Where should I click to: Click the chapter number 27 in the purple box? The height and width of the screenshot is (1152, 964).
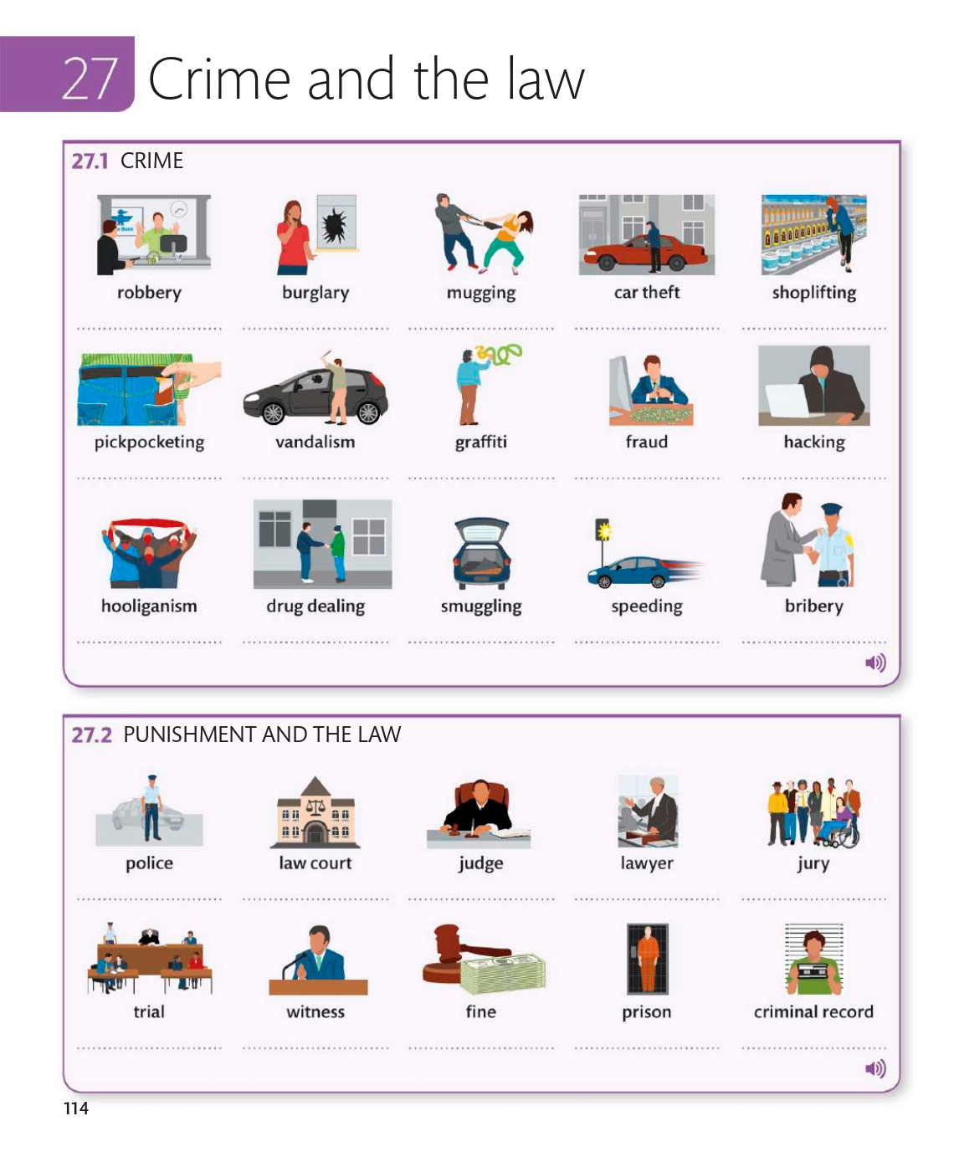90,78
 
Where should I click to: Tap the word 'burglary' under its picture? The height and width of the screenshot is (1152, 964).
315,292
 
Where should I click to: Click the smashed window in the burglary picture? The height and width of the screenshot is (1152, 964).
336,223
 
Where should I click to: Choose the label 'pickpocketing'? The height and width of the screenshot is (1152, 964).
149,442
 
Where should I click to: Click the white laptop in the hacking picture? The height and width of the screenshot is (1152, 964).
790,399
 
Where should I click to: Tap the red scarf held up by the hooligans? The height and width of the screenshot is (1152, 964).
149,524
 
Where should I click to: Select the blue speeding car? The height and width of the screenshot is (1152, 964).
629,571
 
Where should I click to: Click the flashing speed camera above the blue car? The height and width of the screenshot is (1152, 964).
602,530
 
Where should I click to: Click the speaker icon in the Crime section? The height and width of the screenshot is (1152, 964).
875,662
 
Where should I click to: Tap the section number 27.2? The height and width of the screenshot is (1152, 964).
91,735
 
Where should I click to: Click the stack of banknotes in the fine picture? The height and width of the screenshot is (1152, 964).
503,973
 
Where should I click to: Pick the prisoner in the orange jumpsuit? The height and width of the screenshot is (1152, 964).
648,959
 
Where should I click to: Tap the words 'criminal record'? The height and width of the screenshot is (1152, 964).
813,1011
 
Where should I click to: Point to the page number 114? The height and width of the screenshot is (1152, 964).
75,1108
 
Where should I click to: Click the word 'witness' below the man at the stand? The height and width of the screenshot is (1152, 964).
315,1011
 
